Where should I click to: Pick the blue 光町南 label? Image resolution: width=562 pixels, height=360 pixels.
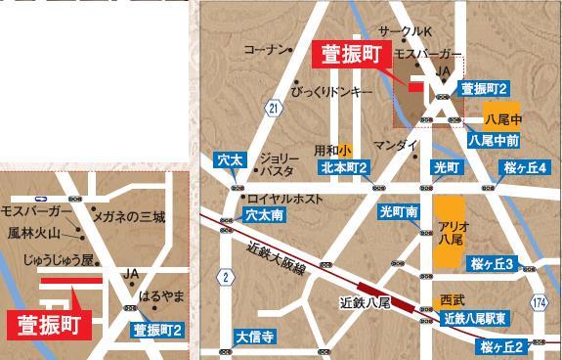click(x=401, y=211)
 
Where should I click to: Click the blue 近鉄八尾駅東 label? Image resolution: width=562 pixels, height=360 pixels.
click(x=473, y=318)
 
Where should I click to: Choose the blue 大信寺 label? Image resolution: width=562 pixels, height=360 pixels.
click(x=254, y=338)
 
